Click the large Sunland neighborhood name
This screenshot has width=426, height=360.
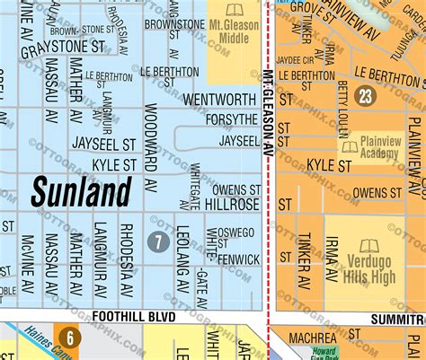point(82,191)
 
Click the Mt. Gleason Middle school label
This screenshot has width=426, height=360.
point(233,34)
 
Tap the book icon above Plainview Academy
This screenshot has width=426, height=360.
point(349,145)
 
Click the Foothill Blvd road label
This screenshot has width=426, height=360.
point(130,317)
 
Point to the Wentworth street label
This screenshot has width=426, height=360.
point(220,99)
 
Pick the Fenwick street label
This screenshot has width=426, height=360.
point(238,259)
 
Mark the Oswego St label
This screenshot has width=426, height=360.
point(236,233)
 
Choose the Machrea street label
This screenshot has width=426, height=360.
point(312,338)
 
